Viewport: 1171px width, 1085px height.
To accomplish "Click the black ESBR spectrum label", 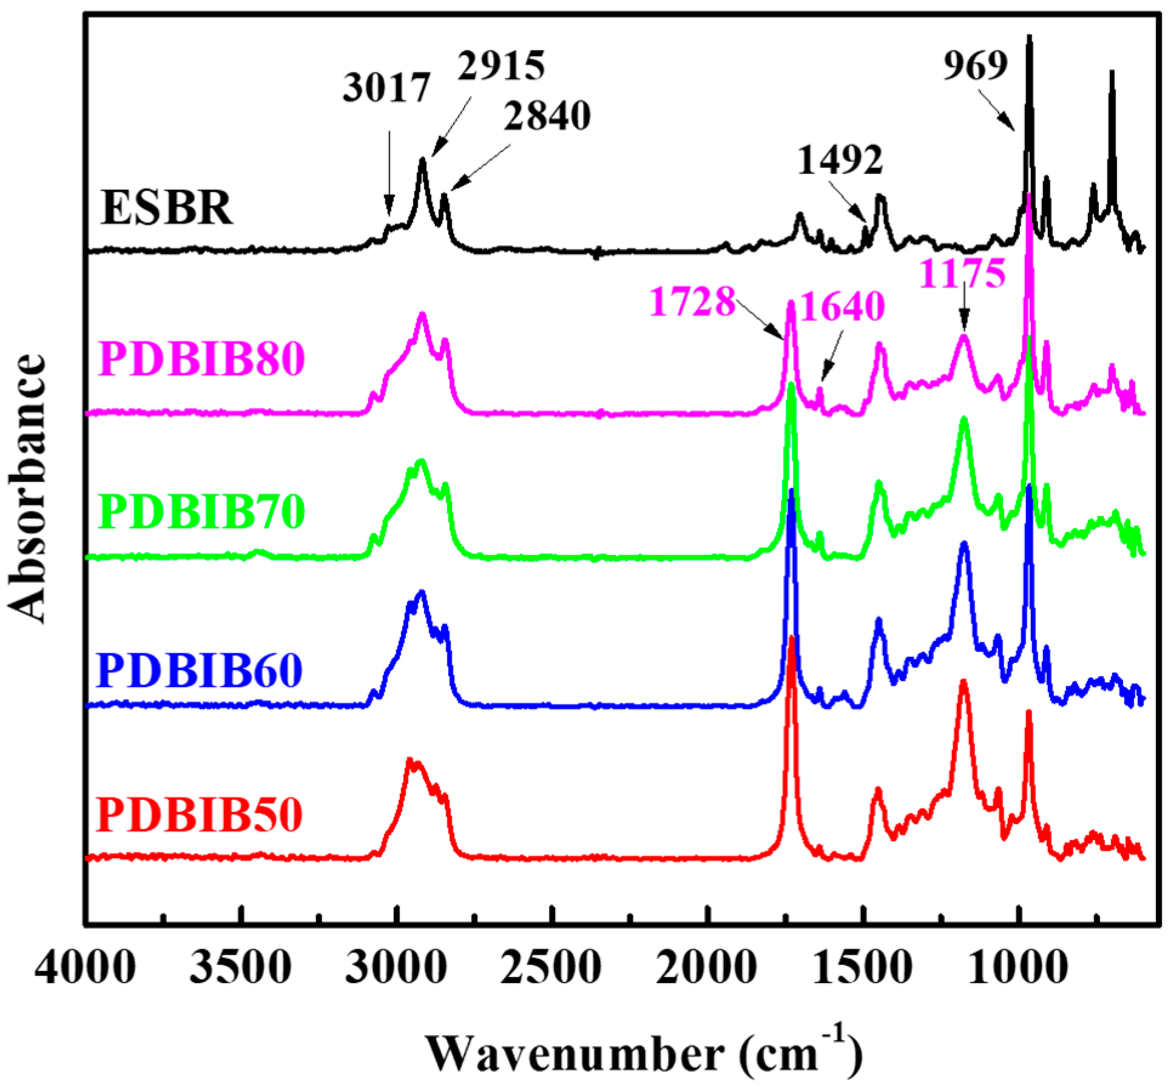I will coord(167,208).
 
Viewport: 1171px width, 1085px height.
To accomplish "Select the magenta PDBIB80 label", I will coord(201,358).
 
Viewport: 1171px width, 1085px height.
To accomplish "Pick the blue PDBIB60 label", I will coord(200,670).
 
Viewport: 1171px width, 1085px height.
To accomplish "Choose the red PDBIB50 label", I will coord(200,815).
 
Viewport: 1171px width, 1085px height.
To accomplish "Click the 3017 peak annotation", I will coord(386,87).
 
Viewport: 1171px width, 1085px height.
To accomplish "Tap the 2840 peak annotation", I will coord(547,116).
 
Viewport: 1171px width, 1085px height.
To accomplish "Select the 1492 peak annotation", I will coord(840,161).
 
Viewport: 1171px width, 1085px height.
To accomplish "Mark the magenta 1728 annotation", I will coord(692,301).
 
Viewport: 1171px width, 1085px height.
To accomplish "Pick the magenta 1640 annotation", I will coord(842,306).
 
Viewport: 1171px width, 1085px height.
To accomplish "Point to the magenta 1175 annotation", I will coord(963,274).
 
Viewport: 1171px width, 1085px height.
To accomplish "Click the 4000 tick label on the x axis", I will coord(85,968).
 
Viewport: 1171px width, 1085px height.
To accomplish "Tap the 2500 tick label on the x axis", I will coord(551,968).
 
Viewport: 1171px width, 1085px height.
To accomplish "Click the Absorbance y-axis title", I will coord(27,488).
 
